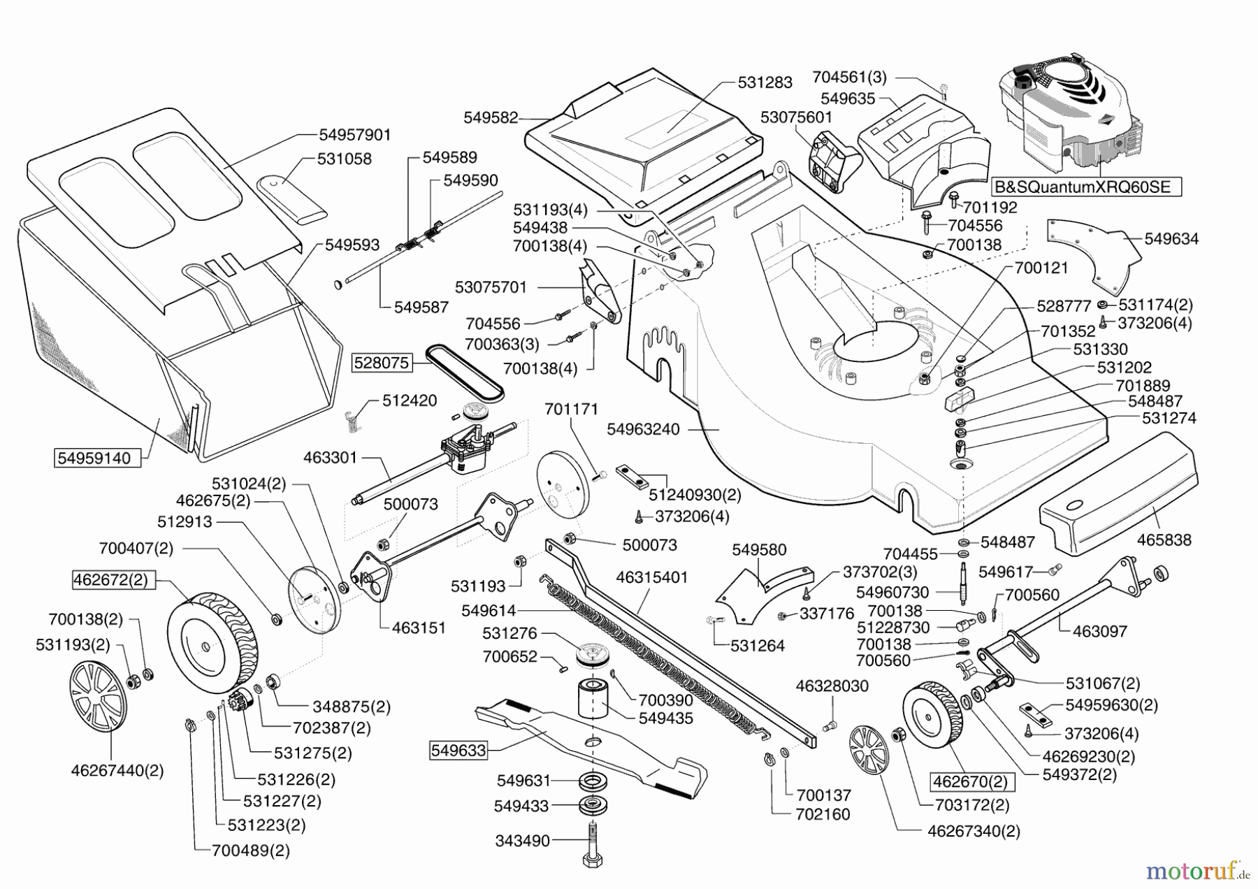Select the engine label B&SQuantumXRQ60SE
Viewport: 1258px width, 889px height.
(x=1086, y=187)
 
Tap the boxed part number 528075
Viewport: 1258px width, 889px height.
(x=381, y=362)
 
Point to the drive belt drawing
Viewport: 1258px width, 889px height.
(x=465, y=370)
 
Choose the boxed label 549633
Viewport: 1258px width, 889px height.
(x=458, y=751)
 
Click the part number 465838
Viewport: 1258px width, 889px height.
(x=1164, y=540)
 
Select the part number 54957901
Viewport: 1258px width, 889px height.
(x=355, y=134)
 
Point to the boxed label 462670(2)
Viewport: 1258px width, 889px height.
(x=973, y=781)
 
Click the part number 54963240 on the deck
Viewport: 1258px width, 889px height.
(x=643, y=429)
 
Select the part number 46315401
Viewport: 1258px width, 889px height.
(x=651, y=577)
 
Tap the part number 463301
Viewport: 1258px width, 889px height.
(x=330, y=458)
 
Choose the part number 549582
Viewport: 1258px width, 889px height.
(x=491, y=117)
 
